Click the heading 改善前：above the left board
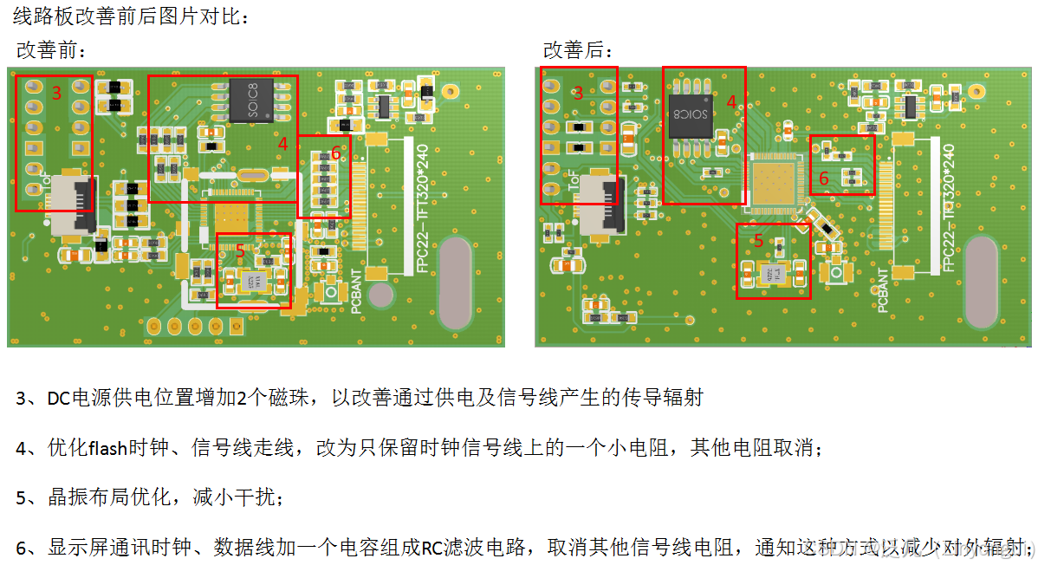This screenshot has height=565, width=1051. tap(52, 50)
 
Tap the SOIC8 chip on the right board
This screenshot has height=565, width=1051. tap(691, 114)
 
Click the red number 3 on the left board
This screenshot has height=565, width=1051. tap(55, 93)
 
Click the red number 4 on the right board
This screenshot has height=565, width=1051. tap(730, 101)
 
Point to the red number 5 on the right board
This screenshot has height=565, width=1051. tap(758, 241)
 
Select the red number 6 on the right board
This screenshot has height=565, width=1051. tap(824, 178)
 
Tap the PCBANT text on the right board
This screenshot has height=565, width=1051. tap(881, 290)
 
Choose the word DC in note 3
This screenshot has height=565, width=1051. tap(58, 399)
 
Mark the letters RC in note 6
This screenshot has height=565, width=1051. tap(432, 548)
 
